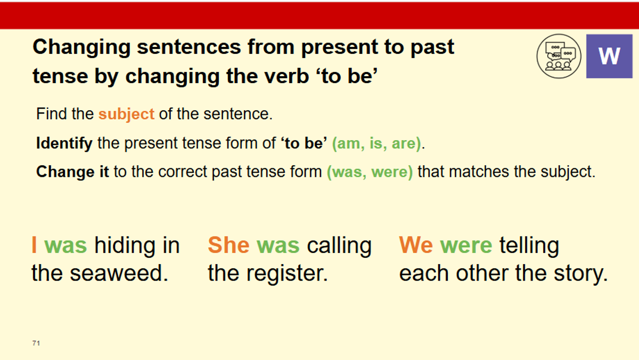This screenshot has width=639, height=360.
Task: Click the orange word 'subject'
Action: click(x=126, y=114)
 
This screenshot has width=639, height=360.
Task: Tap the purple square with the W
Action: click(x=609, y=56)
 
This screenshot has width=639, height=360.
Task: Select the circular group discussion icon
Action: click(x=559, y=56)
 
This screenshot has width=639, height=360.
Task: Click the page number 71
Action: click(x=36, y=343)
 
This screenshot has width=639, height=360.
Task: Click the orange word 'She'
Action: click(x=229, y=245)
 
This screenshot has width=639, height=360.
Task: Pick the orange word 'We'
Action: click(x=416, y=245)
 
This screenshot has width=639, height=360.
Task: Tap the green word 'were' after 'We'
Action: click(x=466, y=246)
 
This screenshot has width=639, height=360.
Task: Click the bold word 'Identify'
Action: click(x=64, y=143)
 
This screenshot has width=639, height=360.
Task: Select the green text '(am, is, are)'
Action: click(x=376, y=143)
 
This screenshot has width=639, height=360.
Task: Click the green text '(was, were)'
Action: click(x=370, y=172)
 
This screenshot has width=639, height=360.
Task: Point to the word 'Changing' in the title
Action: click(x=81, y=48)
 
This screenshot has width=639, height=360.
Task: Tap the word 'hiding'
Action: click(x=125, y=246)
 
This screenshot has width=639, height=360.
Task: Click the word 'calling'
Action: click(x=339, y=246)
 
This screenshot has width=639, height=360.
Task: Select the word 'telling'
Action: click(x=529, y=246)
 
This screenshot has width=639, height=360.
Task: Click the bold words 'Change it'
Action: click(x=72, y=172)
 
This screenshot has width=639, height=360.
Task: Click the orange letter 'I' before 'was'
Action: click(x=34, y=245)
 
